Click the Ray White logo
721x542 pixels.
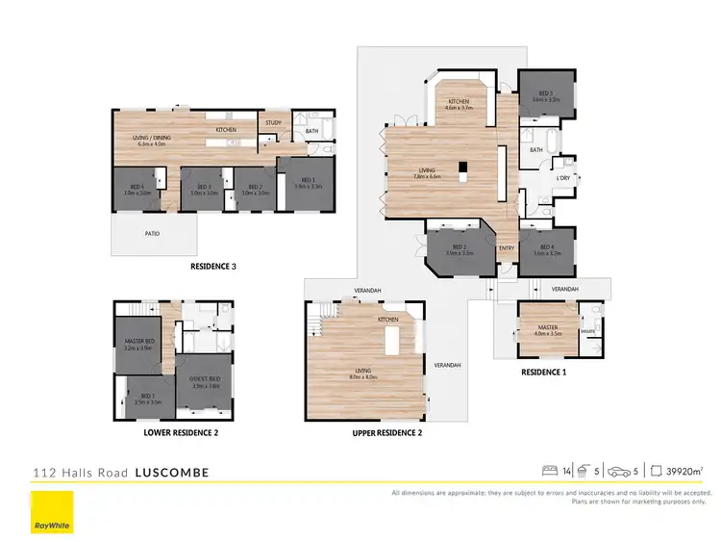[52, 510]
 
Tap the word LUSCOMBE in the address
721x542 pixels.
[171, 473]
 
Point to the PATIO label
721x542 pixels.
[153, 233]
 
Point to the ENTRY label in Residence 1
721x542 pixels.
[506, 248]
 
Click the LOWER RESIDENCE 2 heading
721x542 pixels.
[182, 433]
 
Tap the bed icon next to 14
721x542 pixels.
[550, 471]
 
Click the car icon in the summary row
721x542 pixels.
[627, 471]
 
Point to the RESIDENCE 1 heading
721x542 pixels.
[543, 371]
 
